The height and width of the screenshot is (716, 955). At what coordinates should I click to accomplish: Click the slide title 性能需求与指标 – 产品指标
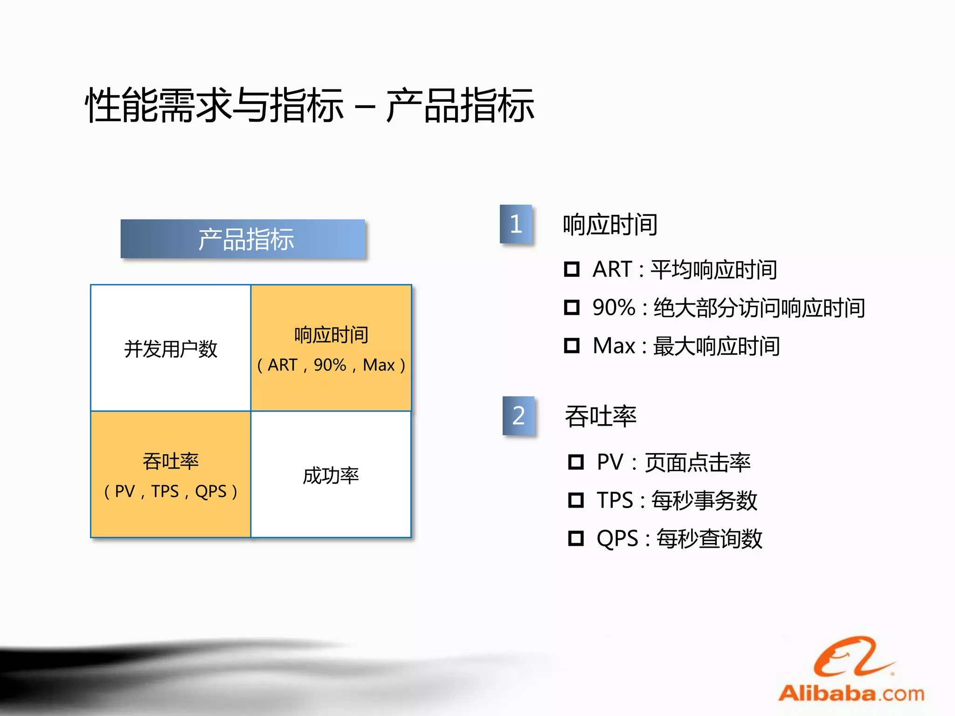(309, 106)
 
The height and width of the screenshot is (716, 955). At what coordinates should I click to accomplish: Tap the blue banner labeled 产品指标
(243, 239)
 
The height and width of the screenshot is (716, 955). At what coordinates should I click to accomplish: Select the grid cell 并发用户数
(171, 349)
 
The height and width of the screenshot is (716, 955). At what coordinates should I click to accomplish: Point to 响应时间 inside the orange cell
(331, 335)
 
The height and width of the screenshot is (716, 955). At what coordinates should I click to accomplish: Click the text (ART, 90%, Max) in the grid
(331, 365)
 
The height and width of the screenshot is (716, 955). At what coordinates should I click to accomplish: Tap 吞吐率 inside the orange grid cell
(171, 461)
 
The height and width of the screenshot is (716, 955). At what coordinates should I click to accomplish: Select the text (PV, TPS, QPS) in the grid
(171, 491)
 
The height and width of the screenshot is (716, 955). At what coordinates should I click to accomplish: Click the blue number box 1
(516, 224)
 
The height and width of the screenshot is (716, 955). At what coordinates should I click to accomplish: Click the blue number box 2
(519, 415)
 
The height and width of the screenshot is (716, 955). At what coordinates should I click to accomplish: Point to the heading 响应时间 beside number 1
(610, 225)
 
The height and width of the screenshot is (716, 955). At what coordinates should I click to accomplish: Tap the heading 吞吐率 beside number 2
(601, 416)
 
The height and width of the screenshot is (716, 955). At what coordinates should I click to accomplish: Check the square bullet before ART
(572, 269)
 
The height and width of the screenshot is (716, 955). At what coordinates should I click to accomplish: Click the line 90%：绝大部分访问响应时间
(728, 308)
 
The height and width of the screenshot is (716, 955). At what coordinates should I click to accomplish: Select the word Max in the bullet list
(614, 346)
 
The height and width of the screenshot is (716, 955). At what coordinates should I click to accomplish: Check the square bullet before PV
(576, 462)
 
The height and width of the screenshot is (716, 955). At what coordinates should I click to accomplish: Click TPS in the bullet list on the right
(615, 501)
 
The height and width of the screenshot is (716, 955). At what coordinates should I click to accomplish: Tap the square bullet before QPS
(576, 538)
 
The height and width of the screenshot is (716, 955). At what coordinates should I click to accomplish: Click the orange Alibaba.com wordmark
(851, 694)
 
